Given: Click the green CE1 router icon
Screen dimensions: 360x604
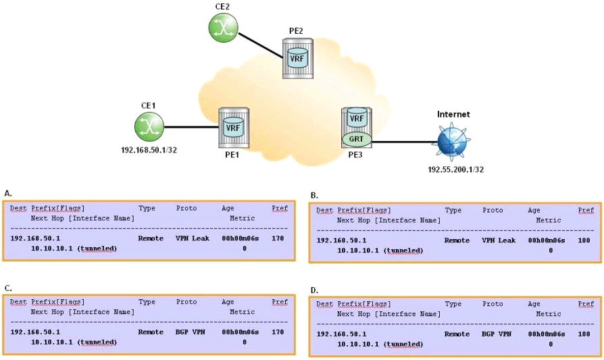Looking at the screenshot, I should click(149, 126).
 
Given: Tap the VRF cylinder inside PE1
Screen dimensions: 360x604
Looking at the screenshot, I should click(233, 127).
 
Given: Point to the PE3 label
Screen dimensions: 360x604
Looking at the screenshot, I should click(355, 155).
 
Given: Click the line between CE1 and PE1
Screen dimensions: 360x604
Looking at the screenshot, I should click(192, 126).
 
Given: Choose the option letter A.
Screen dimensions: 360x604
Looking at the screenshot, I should click(7, 193).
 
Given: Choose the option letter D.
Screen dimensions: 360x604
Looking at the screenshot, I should click(313, 290).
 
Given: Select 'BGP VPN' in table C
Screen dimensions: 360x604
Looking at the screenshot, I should click(186, 332).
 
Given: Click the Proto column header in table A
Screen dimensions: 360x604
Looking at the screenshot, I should click(186, 209).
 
